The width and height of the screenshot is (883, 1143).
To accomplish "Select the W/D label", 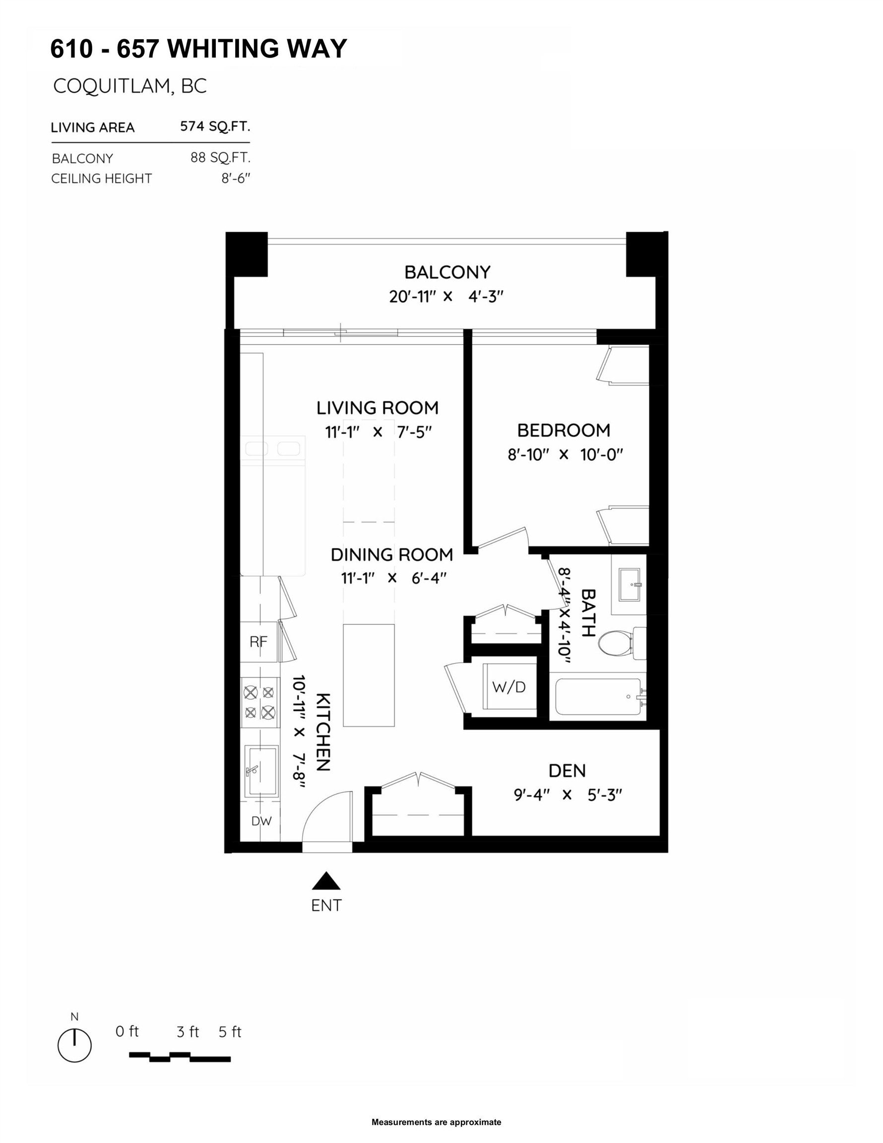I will [509, 687].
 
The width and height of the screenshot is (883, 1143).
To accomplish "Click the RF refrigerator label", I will [258, 641].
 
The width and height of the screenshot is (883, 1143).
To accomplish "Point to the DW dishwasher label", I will [261, 821].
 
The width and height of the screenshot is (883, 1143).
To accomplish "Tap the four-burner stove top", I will [259, 702].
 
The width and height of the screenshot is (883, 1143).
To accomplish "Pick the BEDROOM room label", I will [564, 430].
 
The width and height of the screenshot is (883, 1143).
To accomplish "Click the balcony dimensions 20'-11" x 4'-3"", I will [446, 297].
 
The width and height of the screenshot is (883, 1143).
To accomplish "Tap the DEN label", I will [567, 770].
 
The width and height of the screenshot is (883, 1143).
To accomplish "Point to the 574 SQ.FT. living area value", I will [215, 127].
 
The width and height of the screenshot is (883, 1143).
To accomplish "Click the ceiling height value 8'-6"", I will [236, 179].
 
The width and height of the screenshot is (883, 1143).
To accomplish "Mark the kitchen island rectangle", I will [369, 675].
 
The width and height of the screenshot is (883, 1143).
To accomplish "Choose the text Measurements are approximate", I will [436, 1122].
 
